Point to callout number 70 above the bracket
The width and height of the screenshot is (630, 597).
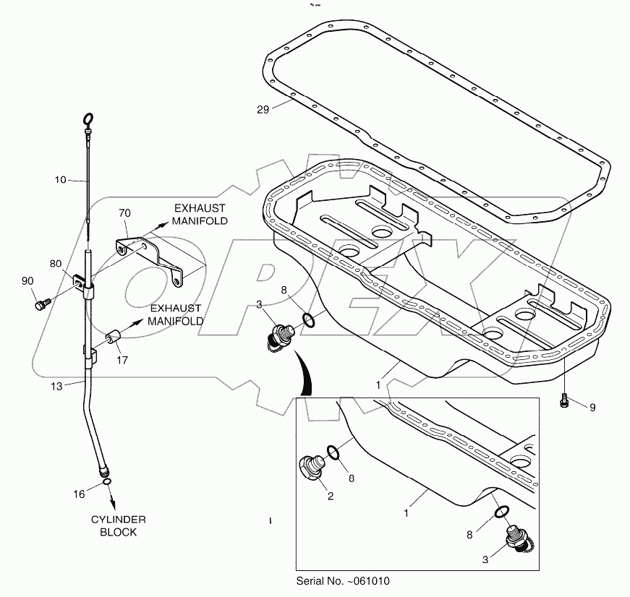pos(124,214)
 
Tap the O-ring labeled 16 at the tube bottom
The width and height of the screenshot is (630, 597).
pos(106,481)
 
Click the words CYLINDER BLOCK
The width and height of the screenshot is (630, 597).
pos(119,525)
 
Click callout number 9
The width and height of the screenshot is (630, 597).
pos(592,408)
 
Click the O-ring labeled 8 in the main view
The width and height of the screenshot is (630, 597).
pos(307,319)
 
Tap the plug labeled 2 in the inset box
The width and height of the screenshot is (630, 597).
pos(312,466)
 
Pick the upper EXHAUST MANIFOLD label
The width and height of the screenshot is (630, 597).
pos(199,214)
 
